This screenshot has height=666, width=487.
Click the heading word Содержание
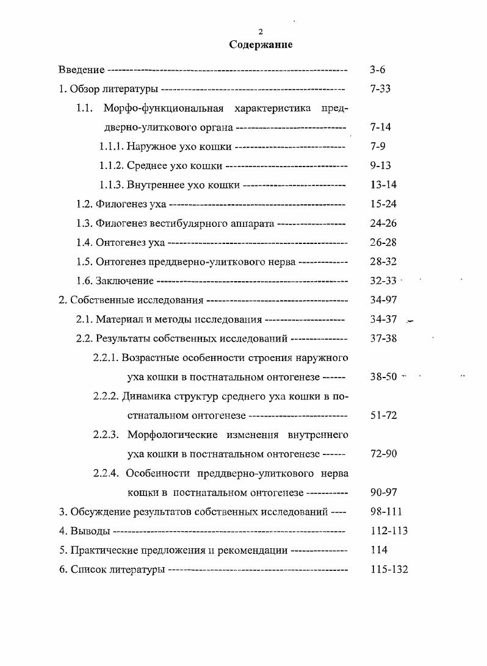[x=261, y=45]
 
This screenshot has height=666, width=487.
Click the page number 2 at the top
[x=261, y=32]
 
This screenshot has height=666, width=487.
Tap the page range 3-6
[x=377, y=70]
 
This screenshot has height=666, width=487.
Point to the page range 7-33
[x=380, y=89]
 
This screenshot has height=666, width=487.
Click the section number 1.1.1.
[x=112, y=146]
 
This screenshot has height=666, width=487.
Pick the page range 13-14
[x=383, y=185]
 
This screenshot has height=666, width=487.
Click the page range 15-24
[x=383, y=204]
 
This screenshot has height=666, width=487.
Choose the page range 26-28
[x=383, y=243]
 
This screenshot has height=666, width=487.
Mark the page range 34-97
[x=383, y=300]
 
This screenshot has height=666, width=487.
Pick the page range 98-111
[x=386, y=512]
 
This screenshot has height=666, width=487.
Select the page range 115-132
[x=389, y=570]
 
